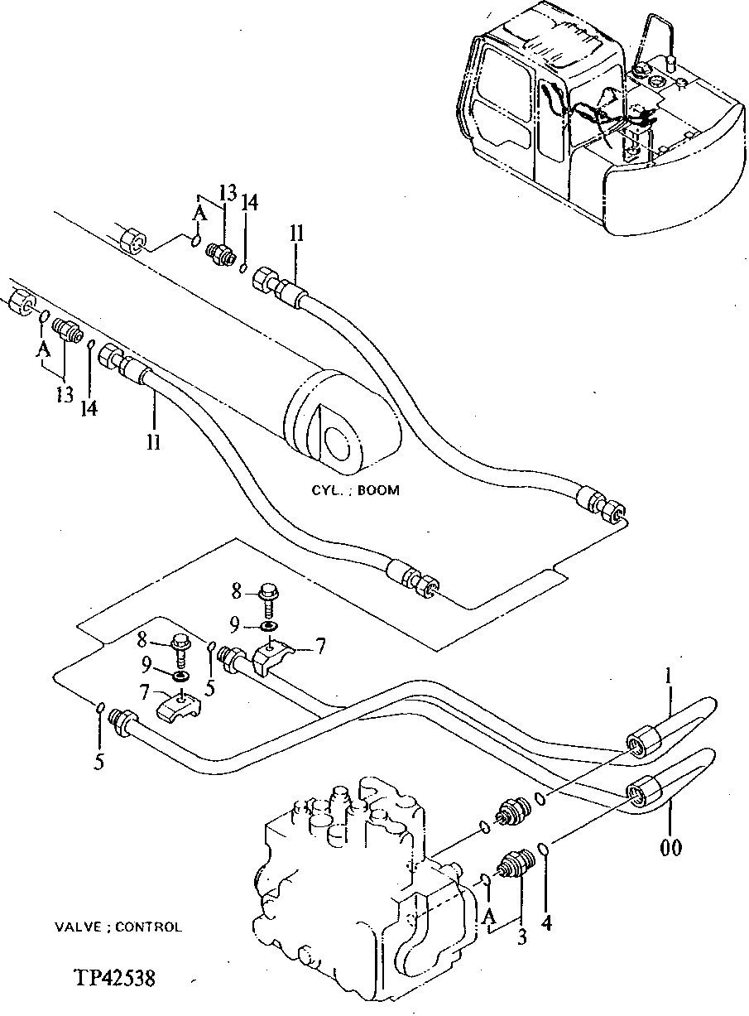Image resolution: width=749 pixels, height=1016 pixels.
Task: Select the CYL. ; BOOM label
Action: (x=355, y=490)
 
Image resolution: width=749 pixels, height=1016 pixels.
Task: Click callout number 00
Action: (x=672, y=849)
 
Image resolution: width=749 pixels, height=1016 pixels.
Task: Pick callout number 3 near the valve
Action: (x=521, y=938)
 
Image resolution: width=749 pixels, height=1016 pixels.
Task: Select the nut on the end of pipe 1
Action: (x=643, y=741)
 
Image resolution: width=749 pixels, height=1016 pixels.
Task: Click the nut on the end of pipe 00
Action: (x=642, y=792)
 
